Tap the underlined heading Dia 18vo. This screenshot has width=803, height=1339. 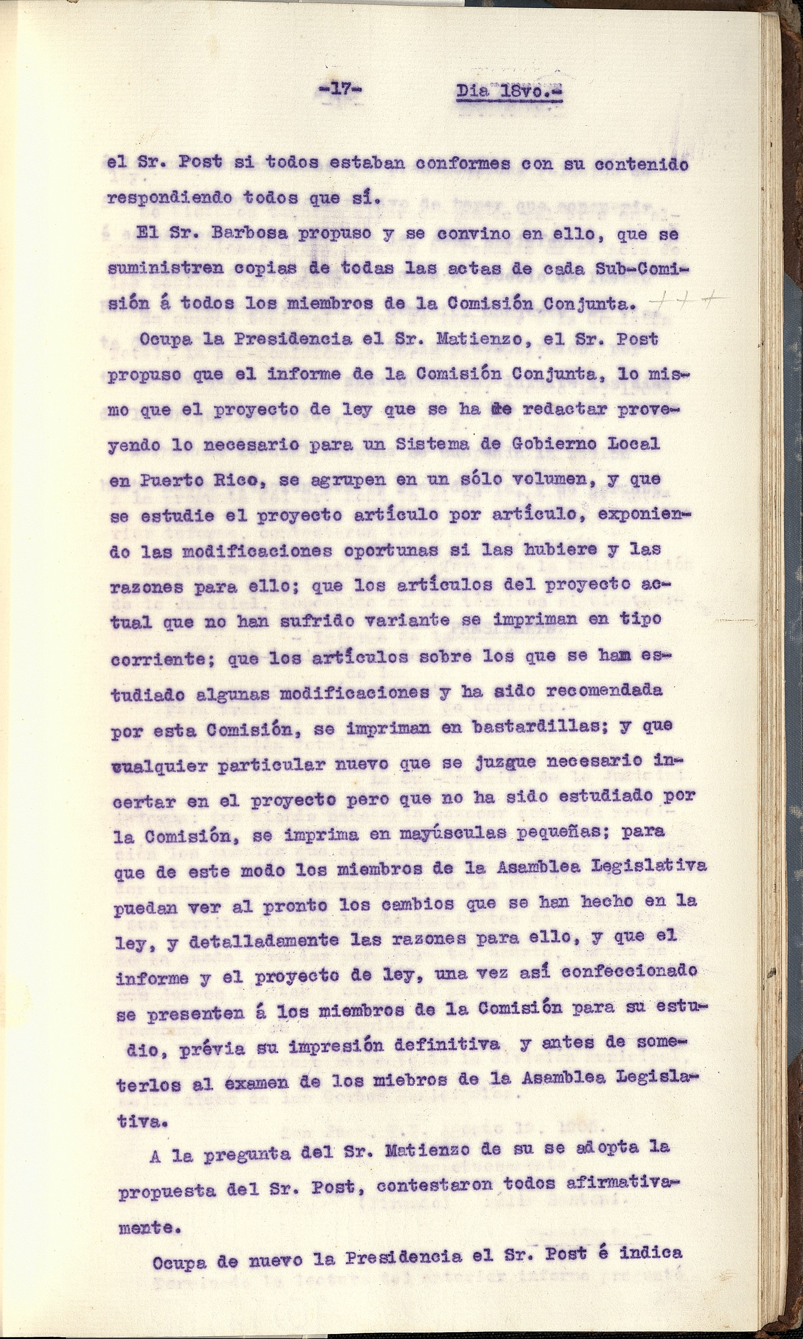click(x=509, y=91)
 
